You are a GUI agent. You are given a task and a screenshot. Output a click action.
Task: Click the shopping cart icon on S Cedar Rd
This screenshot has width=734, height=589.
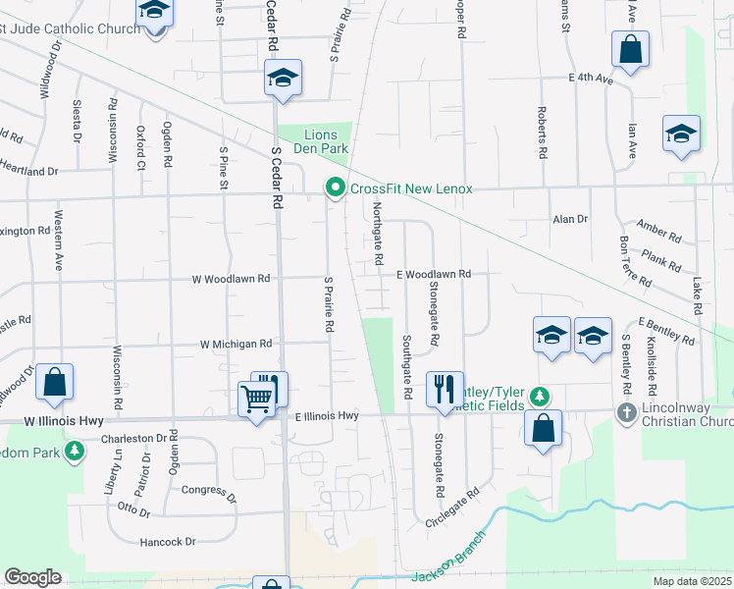257,399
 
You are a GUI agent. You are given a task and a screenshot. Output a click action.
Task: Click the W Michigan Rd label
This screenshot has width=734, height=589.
236,345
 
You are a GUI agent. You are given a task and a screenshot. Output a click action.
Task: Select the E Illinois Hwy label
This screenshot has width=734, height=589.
328,416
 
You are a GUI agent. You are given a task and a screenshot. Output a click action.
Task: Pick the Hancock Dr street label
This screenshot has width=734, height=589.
168,541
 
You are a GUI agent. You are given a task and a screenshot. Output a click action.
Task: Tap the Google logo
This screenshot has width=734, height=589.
32,577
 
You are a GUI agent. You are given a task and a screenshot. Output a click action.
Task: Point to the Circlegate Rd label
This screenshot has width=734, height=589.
451,507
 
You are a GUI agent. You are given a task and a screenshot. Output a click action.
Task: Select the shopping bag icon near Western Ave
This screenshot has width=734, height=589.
55,382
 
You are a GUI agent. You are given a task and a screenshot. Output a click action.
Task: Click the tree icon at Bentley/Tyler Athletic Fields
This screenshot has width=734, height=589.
538,397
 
